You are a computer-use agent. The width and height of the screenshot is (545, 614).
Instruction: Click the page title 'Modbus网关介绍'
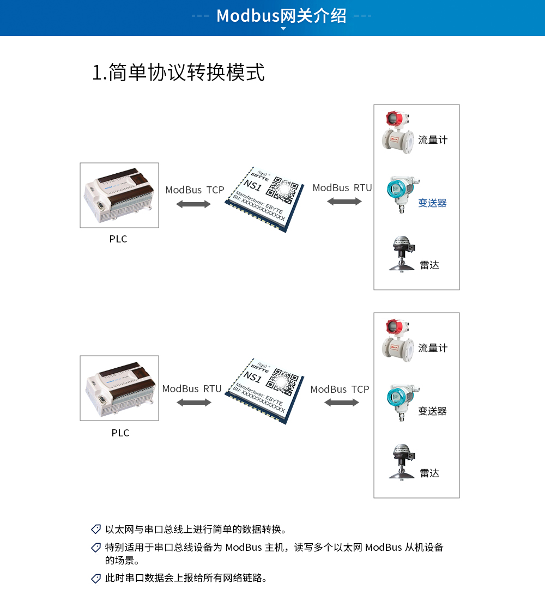281,16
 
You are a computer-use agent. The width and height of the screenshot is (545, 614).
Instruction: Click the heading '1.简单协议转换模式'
178,72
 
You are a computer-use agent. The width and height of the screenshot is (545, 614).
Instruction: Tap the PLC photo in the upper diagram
119,195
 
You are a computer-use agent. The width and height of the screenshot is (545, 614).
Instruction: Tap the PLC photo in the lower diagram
119,388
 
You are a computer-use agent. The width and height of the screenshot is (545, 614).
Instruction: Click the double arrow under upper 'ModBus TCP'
193,204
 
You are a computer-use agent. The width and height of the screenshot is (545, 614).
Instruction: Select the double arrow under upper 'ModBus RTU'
344,202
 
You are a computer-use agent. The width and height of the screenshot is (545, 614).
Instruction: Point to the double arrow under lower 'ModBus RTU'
193,403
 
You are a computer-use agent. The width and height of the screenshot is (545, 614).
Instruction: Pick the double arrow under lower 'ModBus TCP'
342,403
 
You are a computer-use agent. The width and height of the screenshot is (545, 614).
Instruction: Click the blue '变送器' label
432,203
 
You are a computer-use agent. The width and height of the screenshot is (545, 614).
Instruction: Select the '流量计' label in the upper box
433,140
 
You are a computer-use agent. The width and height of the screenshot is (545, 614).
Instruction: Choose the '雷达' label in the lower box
429,473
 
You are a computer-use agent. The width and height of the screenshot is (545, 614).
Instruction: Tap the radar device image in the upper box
402,253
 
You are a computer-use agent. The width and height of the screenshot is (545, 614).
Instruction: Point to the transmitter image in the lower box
402,402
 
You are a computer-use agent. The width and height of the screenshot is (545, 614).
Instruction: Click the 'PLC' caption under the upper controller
118,239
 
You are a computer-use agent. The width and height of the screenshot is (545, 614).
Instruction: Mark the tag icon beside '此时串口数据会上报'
96,578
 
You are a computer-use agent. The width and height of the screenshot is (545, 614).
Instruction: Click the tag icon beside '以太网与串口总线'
96,529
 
